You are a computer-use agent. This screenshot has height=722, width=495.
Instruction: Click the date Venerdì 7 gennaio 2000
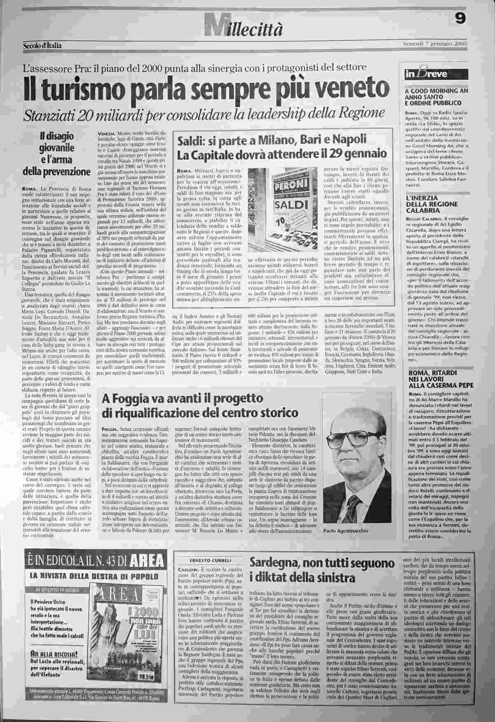[436, 44]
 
